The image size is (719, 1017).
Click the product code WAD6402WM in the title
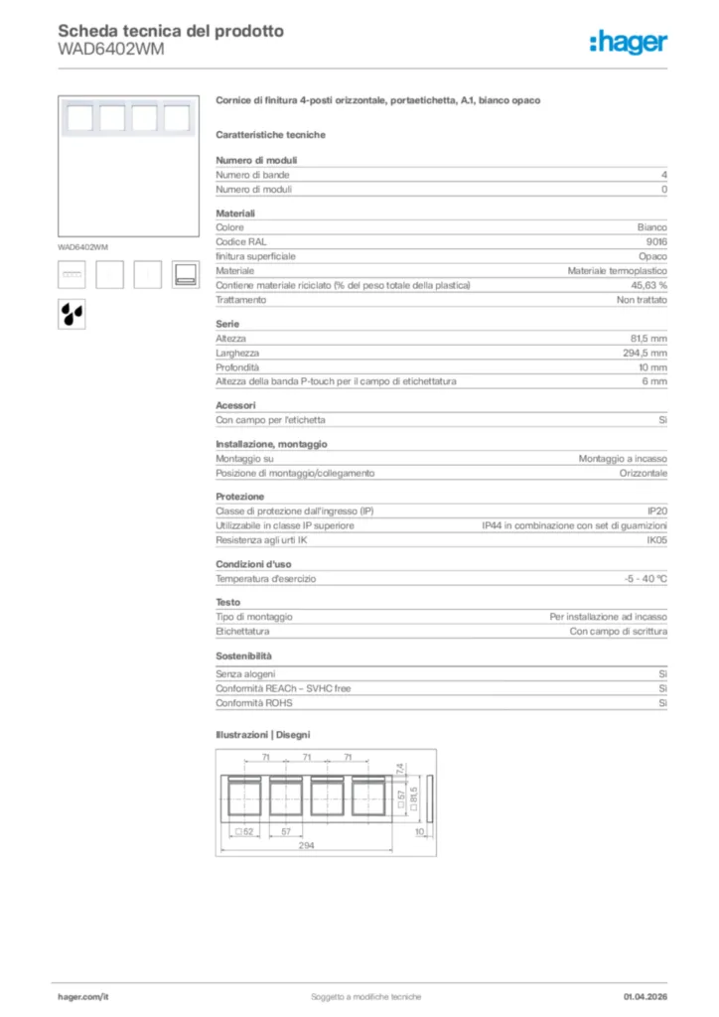pos(111,49)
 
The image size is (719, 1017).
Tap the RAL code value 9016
pos(656,241)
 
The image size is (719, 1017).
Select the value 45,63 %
pos(646,285)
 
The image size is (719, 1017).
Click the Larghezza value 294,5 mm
pos(645,353)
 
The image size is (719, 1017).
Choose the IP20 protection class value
pos(657,510)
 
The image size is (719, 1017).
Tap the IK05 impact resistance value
pos(656,540)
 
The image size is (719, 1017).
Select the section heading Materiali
pos(235,213)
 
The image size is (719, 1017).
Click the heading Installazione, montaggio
pos(271,444)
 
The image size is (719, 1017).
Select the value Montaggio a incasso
pos(623,459)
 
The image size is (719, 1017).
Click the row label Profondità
pos(237,367)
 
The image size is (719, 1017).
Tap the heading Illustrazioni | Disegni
pos(262,734)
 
